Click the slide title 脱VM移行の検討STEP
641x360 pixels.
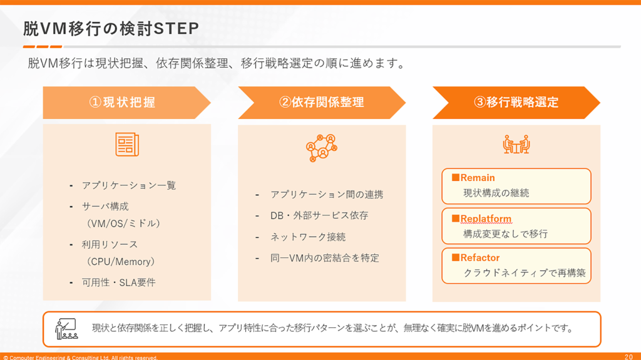coord(111,29)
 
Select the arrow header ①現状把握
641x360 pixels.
coord(126,103)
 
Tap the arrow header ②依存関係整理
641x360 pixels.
coord(322,103)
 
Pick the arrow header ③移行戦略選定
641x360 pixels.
coord(516,103)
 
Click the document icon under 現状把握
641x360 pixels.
coord(127,145)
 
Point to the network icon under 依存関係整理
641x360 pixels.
coord(322,148)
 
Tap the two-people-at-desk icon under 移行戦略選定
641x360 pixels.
coord(516,144)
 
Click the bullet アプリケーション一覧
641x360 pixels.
coord(129,186)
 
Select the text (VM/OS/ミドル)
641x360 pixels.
coord(123,224)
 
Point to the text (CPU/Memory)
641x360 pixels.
coord(121,262)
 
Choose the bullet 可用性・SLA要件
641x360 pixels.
coord(118,283)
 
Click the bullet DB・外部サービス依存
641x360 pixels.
coord(319,215)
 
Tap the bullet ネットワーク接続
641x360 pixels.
coord(308,237)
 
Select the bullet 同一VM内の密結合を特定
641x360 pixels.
coord(325,258)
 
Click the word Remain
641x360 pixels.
coord(478,178)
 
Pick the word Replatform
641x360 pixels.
coord(486,219)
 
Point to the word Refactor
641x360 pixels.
coord(480,258)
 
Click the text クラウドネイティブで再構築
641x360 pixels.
coord(525,273)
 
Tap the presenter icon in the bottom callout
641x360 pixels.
coord(66,329)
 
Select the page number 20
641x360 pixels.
coord(628,357)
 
